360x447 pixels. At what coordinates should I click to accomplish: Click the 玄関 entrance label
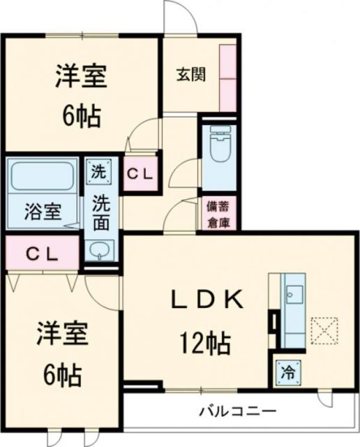coord(190,75)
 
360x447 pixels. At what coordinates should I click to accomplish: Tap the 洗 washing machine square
coord(98,170)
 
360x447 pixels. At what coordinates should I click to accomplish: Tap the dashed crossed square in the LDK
coord(323,330)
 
